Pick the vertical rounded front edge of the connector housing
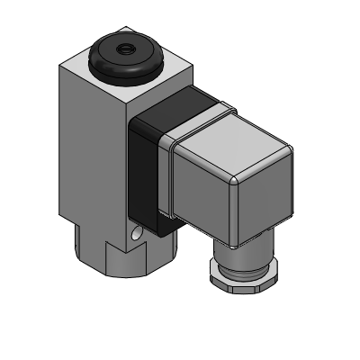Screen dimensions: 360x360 pos(232,211)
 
